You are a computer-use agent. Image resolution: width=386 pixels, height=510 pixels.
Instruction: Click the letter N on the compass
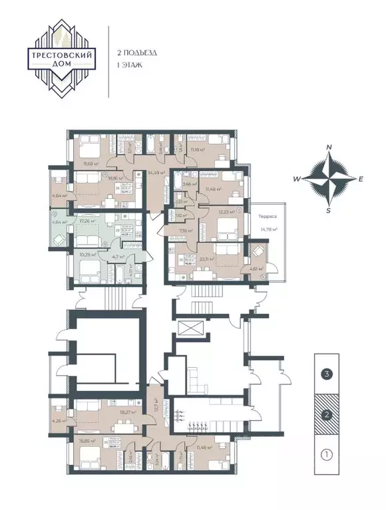coord(329,148)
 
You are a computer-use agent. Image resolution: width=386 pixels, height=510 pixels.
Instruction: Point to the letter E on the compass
coord(361,179)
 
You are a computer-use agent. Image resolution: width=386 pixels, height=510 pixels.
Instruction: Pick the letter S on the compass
coord(328,210)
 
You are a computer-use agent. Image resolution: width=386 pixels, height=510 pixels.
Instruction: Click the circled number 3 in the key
coord(326,374)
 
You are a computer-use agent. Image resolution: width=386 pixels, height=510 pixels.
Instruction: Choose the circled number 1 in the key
coord(326,456)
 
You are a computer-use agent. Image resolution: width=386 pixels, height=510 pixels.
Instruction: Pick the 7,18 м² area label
coord(185,231)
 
